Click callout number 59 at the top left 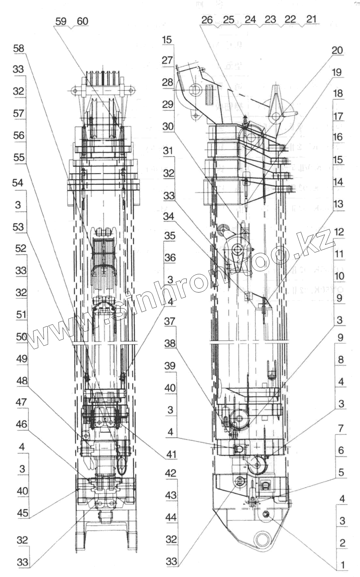pyautogui.click(x=61, y=21)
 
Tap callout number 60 pyautogui.click(x=82, y=21)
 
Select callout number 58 pyautogui.click(x=19, y=48)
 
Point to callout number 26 pyautogui.click(x=207, y=20)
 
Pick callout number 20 pyautogui.click(x=337, y=50)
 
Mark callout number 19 pyautogui.click(x=337, y=72)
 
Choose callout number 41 pyautogui.click(x=171, y=454)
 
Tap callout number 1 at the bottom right pyautogui.click(x=342, y=564)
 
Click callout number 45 pyautogui.click(x=23, y=513)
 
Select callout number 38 pyautogui.click(x=170, y=343)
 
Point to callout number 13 pyautogui.click(x=338, y=204)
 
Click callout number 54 pyautogui.click(x=18, y=183)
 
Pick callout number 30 pyautogui.click(x=168, y=126)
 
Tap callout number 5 pyautogui.click(x=341, y=472)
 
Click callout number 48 pyautogui.click(x=22, y=380)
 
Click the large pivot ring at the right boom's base pyautogui.click(x=266, y=539)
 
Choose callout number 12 pyautogui.click(x=339, y=232)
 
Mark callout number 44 pyautogui.click(x=171, y=517)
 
